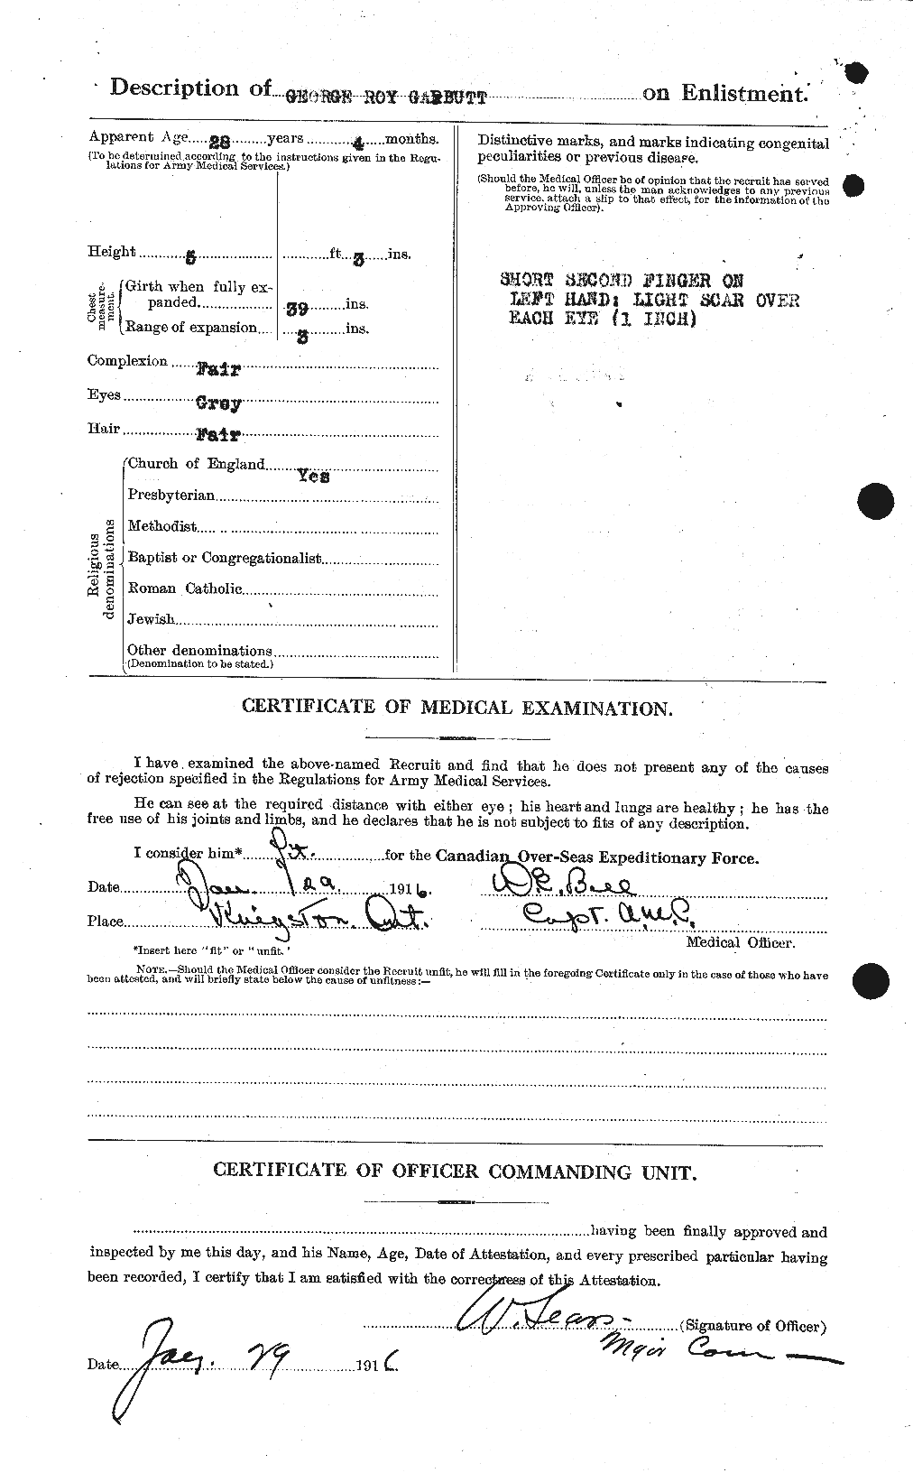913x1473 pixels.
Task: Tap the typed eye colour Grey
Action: pos(217,404)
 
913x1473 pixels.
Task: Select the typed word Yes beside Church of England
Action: pos(313,476)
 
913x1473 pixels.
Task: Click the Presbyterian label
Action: pos(171,495)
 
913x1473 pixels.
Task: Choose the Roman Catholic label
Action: pos(185,588)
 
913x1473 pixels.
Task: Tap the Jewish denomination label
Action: pos(151,619)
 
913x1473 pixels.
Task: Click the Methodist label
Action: pos(162,526)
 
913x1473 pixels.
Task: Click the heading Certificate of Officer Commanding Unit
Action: pos(454,1172)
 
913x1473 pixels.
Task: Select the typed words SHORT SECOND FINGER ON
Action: pos(622,281)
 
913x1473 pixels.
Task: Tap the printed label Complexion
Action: pos(127,361)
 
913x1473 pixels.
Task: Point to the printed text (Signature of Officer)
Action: pos(754,1326)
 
